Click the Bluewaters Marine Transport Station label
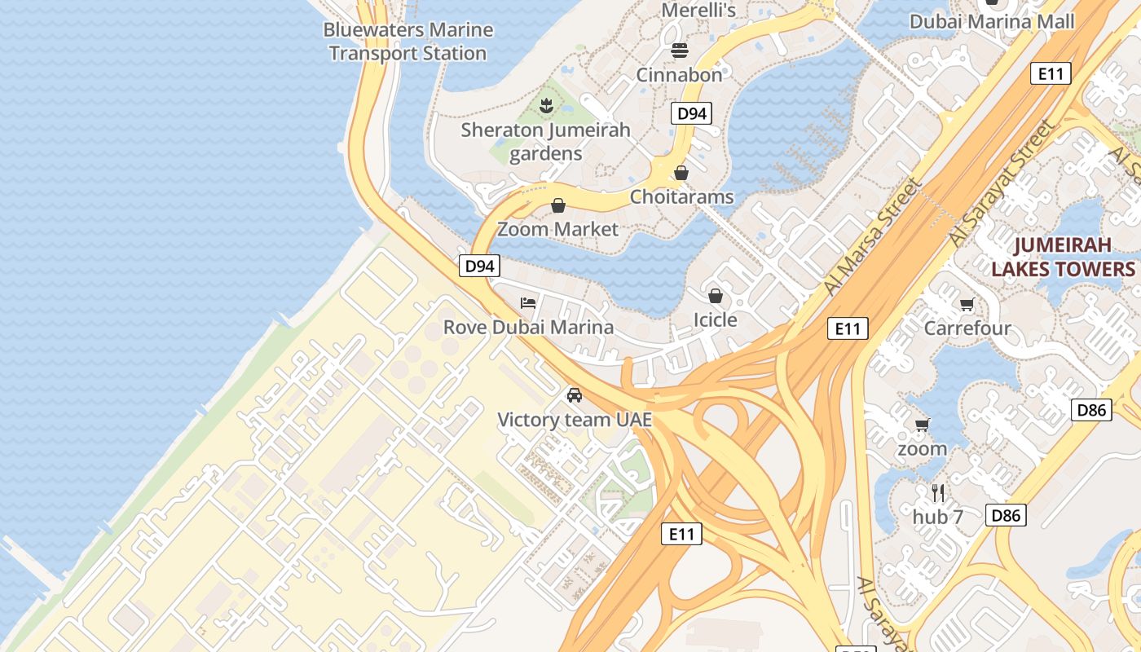point(407,42)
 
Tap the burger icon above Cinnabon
point(680,51)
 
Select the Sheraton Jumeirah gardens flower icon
point(546,104)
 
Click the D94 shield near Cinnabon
point(692,113)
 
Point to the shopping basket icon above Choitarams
point(681,173)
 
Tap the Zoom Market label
point(558,229)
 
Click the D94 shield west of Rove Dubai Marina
point(479,265)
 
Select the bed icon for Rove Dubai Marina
point(528,303)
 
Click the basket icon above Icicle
point(716,296)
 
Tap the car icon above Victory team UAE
point(575,395)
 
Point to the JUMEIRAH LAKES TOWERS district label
point(1063,257)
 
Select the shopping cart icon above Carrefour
point(967,305)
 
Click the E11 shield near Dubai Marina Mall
point(1051,73)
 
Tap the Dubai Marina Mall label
point(992,21)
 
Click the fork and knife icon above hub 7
point(938,492)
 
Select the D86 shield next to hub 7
point(1006,515)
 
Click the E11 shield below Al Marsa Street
point(848,328)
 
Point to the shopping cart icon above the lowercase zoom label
point(922,425)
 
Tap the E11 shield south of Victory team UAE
point(681,534)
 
